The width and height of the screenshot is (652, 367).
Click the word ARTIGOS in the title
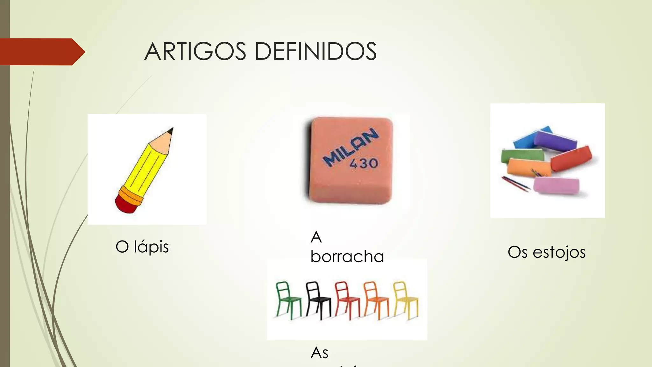[195, 52]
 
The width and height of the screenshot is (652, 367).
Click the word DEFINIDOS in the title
[315, 52]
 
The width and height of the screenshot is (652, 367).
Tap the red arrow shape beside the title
[41, 52]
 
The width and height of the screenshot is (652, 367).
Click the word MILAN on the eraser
[350, 147]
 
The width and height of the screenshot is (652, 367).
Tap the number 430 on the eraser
[364, 163]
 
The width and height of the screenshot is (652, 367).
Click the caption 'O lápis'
[142, 247]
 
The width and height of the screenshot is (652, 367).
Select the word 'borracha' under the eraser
[347, 257]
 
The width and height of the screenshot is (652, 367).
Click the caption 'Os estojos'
[547, 252]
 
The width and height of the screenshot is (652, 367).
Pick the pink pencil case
[556, 185]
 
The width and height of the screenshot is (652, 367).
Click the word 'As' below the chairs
[319, 353]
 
